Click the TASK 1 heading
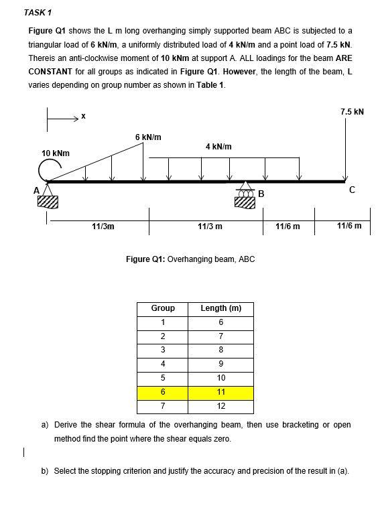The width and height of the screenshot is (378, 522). (x=38, y=13)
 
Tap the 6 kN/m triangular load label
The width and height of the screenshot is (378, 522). (x=147, y=137)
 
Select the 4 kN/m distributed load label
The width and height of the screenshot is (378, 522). (x=218, y=146)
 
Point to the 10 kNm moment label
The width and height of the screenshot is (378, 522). (x=55, y=153)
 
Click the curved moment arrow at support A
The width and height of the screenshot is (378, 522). (x=46, y=172)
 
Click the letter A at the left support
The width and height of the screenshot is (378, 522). (x=38, y=190)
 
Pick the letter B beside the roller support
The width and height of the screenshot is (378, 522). (x=261, y=194)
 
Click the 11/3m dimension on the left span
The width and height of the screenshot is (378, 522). (x=103, y=226)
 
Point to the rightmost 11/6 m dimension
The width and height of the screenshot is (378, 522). (x=349, y=226)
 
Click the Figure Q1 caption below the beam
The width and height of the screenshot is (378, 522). (x=190, y=259)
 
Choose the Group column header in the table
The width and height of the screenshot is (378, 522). (x=163, y=308)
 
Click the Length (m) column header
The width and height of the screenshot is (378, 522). (x=221, y=308)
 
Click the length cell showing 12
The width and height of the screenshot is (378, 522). (x=221, y=406)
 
